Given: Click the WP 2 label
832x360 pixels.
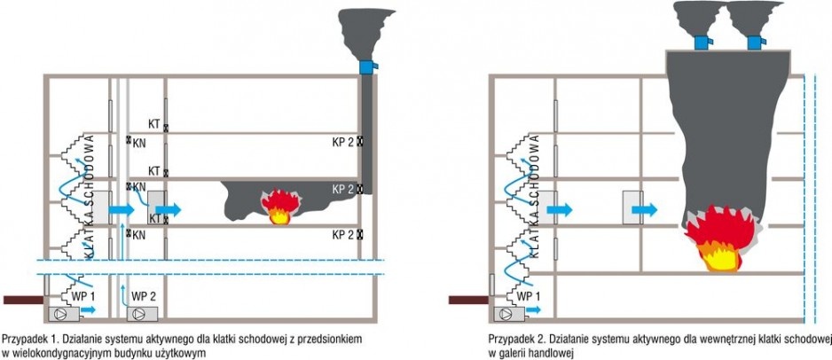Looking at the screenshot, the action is (142, 294).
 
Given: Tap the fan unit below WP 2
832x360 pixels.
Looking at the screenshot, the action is (142, 313).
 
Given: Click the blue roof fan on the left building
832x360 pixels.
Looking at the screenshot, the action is (368, 67).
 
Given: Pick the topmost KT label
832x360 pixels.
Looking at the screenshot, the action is (154, 124).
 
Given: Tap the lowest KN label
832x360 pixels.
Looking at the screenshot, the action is (139, 235).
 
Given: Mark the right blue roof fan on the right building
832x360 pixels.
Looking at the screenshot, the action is (756, 42).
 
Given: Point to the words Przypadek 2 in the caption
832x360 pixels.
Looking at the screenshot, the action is (513, 338).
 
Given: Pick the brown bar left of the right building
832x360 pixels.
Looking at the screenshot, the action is (468, 300).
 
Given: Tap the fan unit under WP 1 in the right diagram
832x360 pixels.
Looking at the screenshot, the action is (509, 314).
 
